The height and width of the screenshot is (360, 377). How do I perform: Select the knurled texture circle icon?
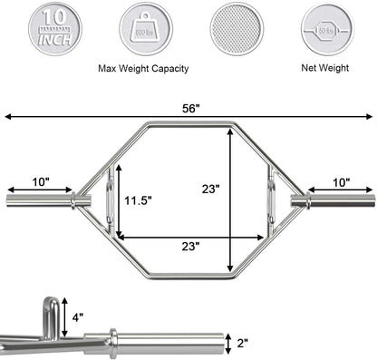(237, 28)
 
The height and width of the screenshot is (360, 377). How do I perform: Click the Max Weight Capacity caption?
(139, 67)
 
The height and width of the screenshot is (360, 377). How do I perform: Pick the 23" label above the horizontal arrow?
(189, 246)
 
